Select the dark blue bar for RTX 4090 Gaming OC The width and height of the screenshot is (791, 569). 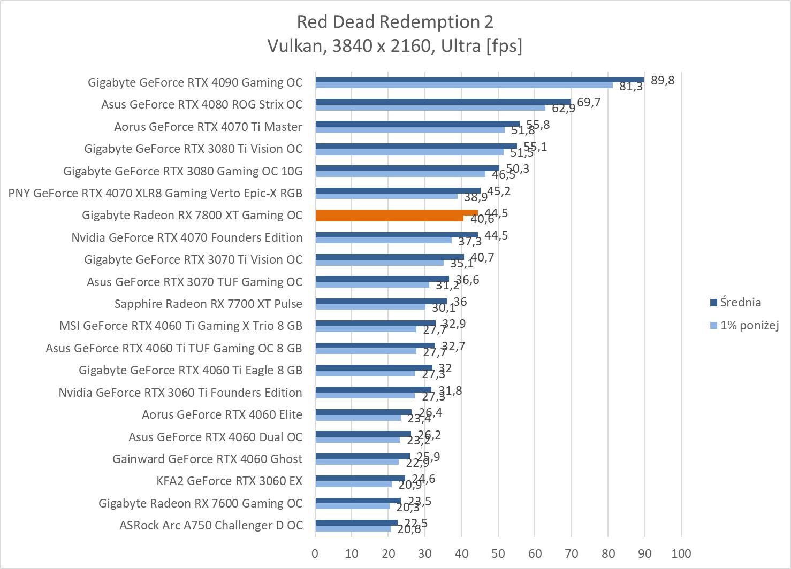point(479,80)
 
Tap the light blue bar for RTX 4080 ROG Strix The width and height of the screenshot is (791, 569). point(430,107)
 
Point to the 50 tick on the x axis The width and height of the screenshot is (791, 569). point(498,553)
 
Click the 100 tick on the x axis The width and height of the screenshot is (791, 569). point(681,553)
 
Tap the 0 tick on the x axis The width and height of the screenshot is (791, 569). point(315,553)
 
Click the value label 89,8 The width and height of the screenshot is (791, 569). point(663,81)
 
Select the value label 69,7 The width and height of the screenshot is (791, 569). point(589,102)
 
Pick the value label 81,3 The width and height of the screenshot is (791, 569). point(631,87)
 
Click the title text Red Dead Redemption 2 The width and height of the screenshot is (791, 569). point(395,22)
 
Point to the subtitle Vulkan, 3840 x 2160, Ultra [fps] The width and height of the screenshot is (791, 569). point(395,46)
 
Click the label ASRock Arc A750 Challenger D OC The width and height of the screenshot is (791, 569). point(211,525)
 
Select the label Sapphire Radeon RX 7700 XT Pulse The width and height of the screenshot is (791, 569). point(208,304)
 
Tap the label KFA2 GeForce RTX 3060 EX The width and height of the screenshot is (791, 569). point(229,481)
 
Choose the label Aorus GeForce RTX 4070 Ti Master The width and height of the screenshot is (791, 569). point(208,127)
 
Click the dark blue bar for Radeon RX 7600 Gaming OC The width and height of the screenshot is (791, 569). point(358,501)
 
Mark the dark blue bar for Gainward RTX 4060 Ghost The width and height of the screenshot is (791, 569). point(362,456)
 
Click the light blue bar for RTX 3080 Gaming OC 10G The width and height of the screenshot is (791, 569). point(400,174)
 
